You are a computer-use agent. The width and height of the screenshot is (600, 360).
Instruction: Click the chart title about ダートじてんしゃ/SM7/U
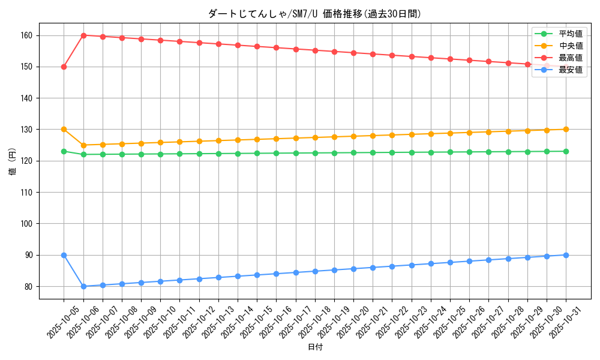[x=314, y=14]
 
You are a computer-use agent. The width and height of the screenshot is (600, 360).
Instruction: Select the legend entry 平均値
[x=570, y=34]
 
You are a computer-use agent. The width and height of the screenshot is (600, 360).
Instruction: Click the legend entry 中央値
[x=570, y=46]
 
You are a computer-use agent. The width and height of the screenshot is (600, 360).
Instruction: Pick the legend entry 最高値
[x=570, y=58]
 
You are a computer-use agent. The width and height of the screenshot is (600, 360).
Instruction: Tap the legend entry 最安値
[x=570, y=70]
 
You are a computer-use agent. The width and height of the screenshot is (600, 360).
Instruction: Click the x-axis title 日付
[x=315, y=347]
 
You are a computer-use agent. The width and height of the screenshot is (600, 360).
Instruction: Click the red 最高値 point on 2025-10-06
[x=83, y=35]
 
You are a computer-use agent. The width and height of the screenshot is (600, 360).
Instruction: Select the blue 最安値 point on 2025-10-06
[x=83, y=286]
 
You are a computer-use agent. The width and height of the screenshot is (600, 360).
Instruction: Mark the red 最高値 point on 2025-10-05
[x=64, y=67]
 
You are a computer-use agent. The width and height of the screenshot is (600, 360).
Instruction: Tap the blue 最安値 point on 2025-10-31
[x=566, y=255]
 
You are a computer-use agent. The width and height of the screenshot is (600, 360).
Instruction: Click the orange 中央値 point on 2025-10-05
[x=64, y=130]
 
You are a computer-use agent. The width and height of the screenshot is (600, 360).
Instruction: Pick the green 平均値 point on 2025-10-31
[x=566, y=151]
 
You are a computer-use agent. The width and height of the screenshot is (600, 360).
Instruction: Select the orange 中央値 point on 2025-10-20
[x=353, y=136]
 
